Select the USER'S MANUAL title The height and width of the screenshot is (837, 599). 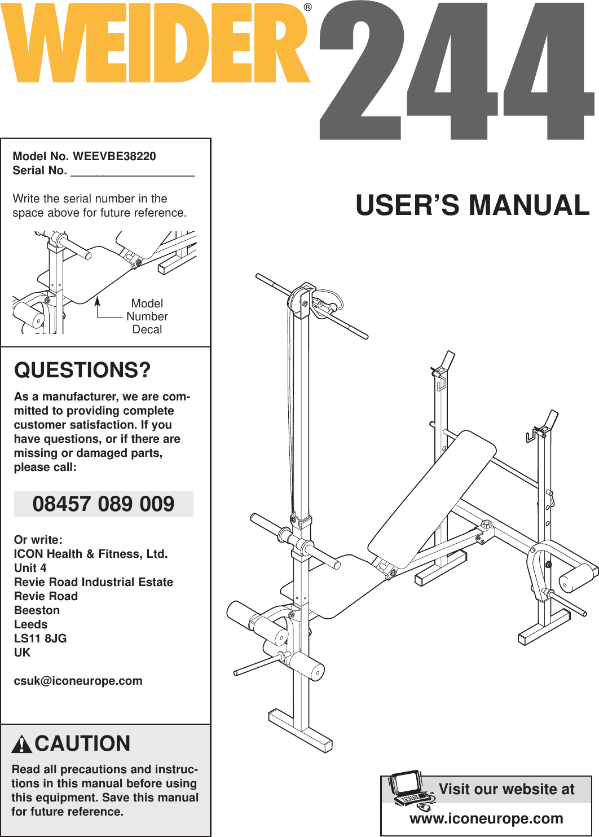472,205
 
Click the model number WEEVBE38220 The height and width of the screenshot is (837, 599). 114,156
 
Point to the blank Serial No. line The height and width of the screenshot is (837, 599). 133,171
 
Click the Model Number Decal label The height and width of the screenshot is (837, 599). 147,316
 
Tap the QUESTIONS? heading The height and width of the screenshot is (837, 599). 82,370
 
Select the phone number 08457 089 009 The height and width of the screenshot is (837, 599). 104,504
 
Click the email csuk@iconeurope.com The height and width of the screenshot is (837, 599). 78,681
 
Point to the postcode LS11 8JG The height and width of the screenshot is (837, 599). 40,638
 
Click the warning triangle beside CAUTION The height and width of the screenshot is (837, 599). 21,745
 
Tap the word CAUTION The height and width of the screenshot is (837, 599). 82,744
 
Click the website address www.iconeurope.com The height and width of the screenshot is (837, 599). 486,818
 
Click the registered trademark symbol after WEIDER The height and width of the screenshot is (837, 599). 307,7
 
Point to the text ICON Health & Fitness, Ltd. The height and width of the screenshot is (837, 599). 91,554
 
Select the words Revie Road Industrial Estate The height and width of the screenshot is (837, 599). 94,582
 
